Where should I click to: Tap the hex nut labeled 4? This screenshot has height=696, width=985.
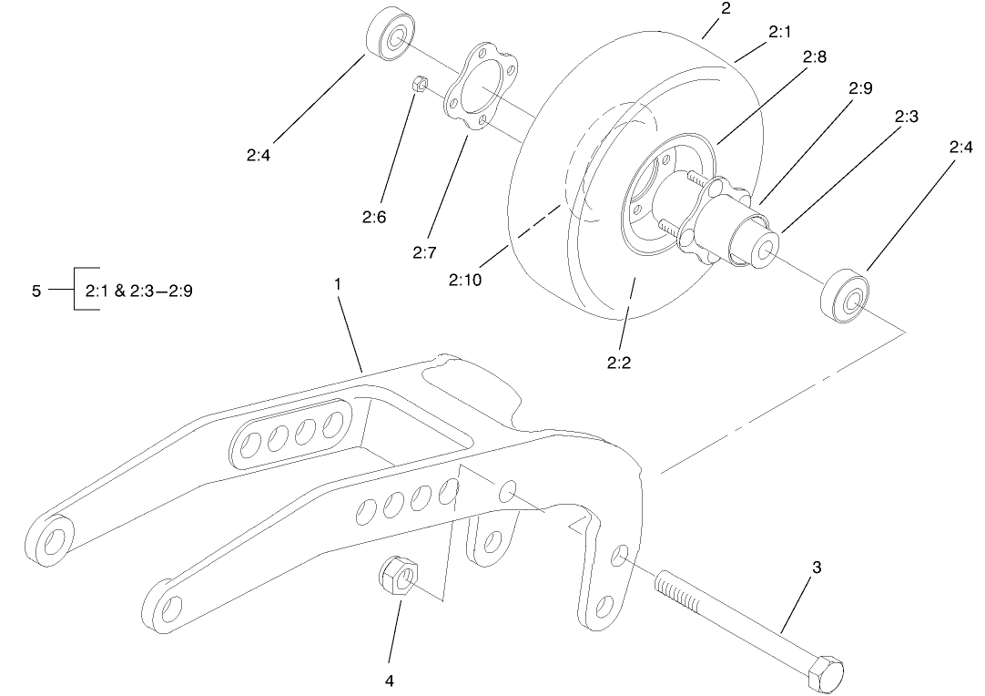click(x=396, y=577)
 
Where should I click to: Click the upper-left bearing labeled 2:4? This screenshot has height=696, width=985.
click(x=389, y=37)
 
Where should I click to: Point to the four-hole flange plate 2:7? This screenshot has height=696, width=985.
click(x=480, y=91)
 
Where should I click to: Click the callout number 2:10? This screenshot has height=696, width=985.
click(x=464, y=280)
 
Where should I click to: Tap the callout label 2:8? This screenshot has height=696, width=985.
click(x=815, y=56)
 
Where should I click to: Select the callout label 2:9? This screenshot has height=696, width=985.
click(x=860, y=88)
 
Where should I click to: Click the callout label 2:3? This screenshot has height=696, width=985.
click(x=906, y=117)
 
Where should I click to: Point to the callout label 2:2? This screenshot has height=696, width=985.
click(x=619, y=363)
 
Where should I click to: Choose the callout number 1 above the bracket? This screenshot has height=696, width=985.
click(x=338, y=284)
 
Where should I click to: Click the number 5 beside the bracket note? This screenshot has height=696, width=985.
click(x=36, y=291)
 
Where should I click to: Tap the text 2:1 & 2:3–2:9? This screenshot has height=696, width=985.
click(x=138, y=292)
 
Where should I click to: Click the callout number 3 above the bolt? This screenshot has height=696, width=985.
click(x=817, y=568)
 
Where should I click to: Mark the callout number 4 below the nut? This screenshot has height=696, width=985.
click(x=391, y=680)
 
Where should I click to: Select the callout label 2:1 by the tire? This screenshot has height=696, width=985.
click(x=779, y=32)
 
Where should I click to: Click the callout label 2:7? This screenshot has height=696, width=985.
click(x=424, y=252)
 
